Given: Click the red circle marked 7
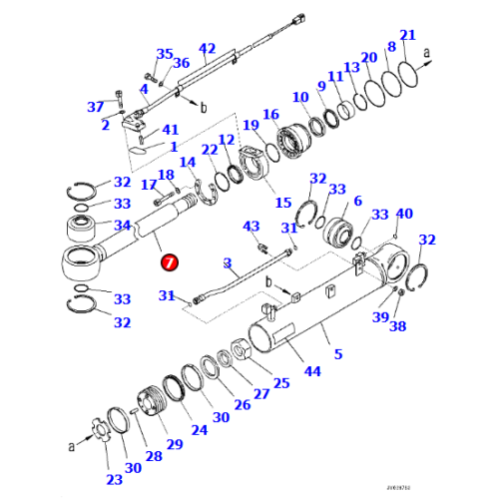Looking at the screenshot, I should [169, 262].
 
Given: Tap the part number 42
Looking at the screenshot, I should [208, 49].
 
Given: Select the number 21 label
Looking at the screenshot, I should [407, 36].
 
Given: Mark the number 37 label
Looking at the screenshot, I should [96, 107].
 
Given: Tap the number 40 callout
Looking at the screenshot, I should [404, 213].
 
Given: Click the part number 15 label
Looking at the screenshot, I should [282, 203].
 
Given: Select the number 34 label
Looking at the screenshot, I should [122, 226].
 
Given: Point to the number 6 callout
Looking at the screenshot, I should [357, 201].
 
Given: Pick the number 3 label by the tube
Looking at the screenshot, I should [227, 263].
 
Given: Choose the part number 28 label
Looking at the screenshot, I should [155, 456].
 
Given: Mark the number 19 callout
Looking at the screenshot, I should [250, 124].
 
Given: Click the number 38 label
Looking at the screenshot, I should [398, 325].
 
